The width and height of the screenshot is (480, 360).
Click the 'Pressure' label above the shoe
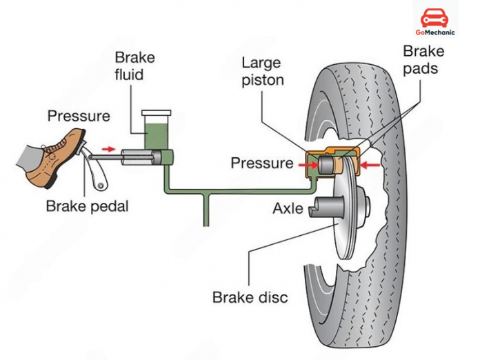pyautogui.click(x=78, y=116)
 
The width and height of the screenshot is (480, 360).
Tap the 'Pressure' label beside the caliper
pyautogui.click(x=261, y=163)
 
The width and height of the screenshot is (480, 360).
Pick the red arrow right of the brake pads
pyautogui.click(x=370, y=165)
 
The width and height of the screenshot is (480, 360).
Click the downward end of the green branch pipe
pyautogui.click(x=206, y=222)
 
